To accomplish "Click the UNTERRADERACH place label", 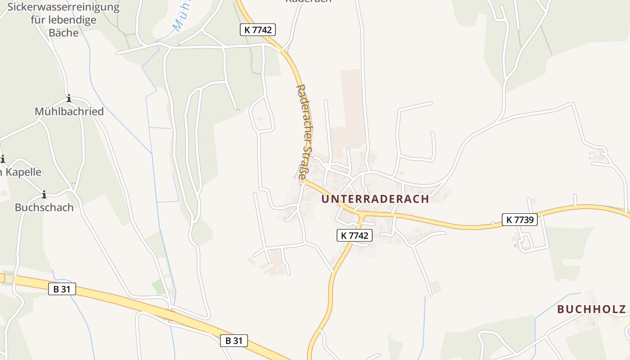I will [375, 199].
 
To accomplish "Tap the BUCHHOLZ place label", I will [591, 309].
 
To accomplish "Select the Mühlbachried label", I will [69, 112].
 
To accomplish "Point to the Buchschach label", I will [44, 207].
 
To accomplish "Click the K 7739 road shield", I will [520, 220].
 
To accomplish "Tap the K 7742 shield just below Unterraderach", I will [355, 235].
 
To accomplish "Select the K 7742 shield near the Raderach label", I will [257, 30].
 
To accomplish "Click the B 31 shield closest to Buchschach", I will [62, 289].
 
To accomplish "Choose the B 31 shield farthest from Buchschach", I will [234, 341].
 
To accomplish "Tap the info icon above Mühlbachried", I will [69, 99].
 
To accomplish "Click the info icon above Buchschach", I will [44, 195].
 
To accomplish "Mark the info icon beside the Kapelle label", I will [2, 159].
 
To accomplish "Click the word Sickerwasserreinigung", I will [63, 8].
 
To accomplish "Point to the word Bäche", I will [63, 33].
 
